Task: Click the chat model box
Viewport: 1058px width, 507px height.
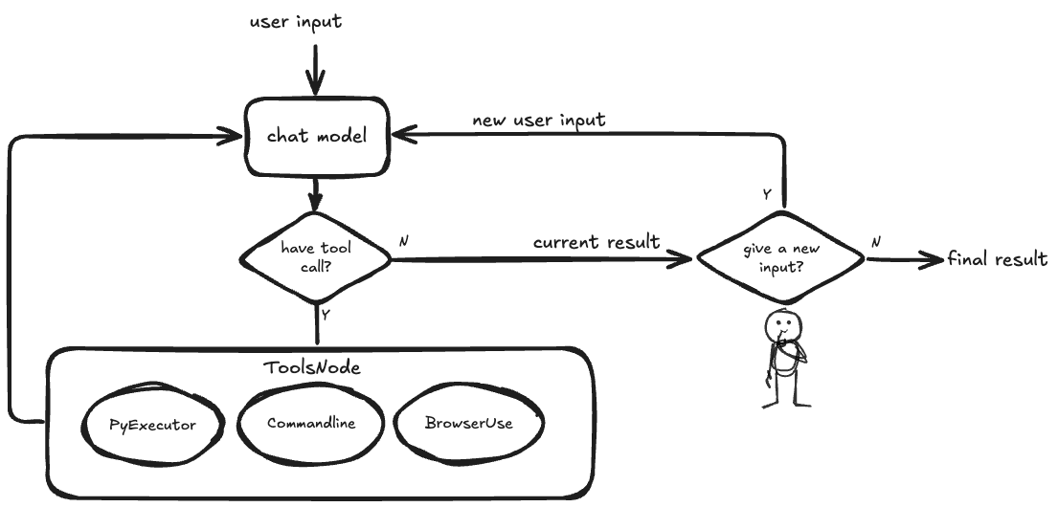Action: (x=317, y=136)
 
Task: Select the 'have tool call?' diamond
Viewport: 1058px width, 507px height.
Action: (x=316, y=257)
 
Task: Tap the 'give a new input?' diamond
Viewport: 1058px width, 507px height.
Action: (x=780, y=257)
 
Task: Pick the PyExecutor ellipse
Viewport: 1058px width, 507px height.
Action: (x=152, y=424)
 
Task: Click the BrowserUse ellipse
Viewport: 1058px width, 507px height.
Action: (x=469, y=424)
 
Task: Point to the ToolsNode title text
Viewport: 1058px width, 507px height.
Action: (x=311, y=367)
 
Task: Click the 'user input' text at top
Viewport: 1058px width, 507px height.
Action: (x=296, y=22)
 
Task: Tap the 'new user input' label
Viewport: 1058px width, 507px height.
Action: (x=538, y=121)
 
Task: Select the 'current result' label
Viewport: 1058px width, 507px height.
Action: (x=597, y=242)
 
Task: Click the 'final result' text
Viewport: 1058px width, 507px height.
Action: (x=998, y=259)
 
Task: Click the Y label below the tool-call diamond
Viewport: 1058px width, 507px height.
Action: (x=326, y=314)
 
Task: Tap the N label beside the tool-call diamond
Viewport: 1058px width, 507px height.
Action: (x=403, y=241)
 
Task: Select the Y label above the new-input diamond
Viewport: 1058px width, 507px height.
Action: (x=767, y=195)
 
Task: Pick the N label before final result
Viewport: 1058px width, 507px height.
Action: (x=875, y=242)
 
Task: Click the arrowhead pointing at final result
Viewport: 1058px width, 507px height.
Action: (x=934, y=259)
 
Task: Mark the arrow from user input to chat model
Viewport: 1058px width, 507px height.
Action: (x=315, y=70)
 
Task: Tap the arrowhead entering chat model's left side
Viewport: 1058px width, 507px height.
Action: (x=230, y=137)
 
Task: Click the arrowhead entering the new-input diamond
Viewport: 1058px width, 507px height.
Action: (x=680, y=259)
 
